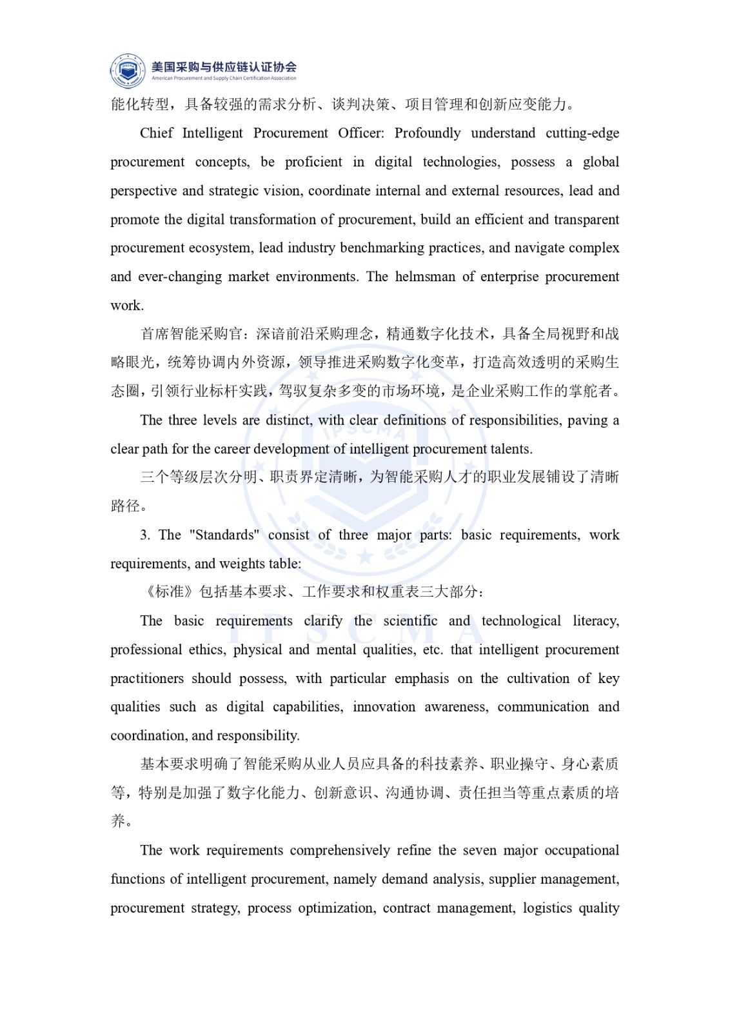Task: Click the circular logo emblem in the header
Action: pos(128,70)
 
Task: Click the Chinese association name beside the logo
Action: pos(224,66)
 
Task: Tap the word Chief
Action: pos(156,134)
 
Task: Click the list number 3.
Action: pos(144,535)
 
